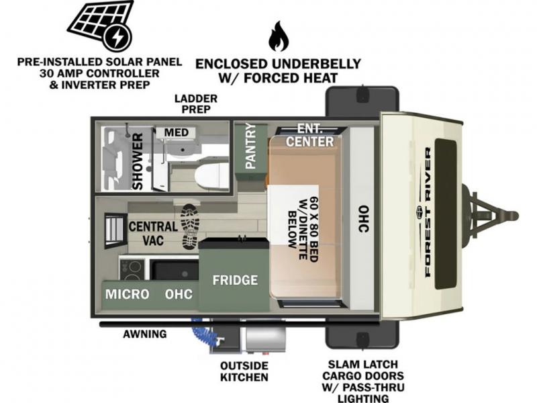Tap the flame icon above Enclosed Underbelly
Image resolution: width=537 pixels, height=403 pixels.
tap(277, 36)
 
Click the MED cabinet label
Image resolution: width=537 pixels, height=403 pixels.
tap(177, 132)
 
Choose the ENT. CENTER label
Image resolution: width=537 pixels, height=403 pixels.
tap(309, 135)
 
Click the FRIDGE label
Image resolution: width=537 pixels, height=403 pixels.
tap(235, 279)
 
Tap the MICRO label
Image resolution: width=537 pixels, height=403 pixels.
tap(126, 294)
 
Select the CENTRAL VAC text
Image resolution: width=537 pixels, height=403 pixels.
tap(153, 232)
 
